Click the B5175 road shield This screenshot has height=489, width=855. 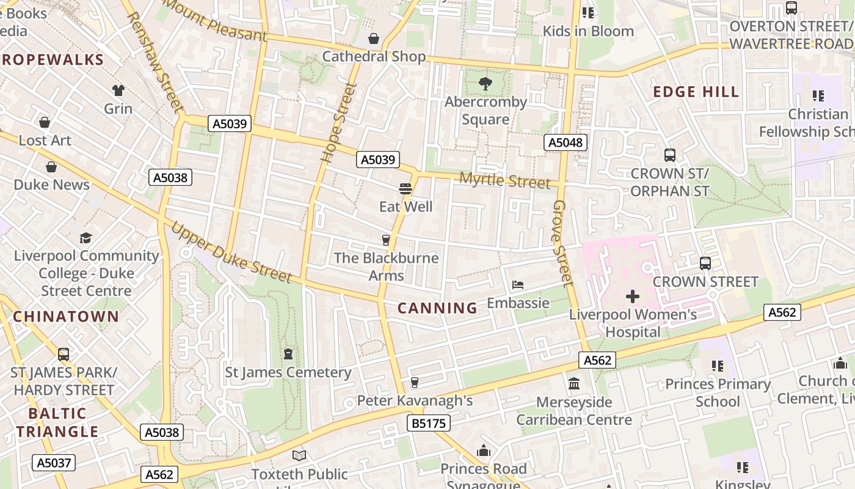(428, 423)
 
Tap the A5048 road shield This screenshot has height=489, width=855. (566, 142)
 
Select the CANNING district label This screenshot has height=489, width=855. (437, 308)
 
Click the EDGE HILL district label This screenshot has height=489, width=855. (696, 92)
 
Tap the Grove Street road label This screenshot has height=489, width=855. (563, 243)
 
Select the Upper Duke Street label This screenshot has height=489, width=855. (231, 252)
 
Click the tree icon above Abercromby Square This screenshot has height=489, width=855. (486, 84)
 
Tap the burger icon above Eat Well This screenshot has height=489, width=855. (405, 188)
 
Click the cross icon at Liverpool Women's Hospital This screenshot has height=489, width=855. (633, 297)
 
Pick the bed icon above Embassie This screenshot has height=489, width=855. (518, 285)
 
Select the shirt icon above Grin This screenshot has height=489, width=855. (118, 90)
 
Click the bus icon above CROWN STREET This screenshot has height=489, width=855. (705, 263)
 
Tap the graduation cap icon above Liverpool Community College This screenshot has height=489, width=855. (86, 237)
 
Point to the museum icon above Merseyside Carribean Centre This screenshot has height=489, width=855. (574, 384)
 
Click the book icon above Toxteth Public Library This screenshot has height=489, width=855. (299, 455)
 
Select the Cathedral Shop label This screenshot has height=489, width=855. (374, 56)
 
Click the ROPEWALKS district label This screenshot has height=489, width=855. (53, 60)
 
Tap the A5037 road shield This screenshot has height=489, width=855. (54, 463)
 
